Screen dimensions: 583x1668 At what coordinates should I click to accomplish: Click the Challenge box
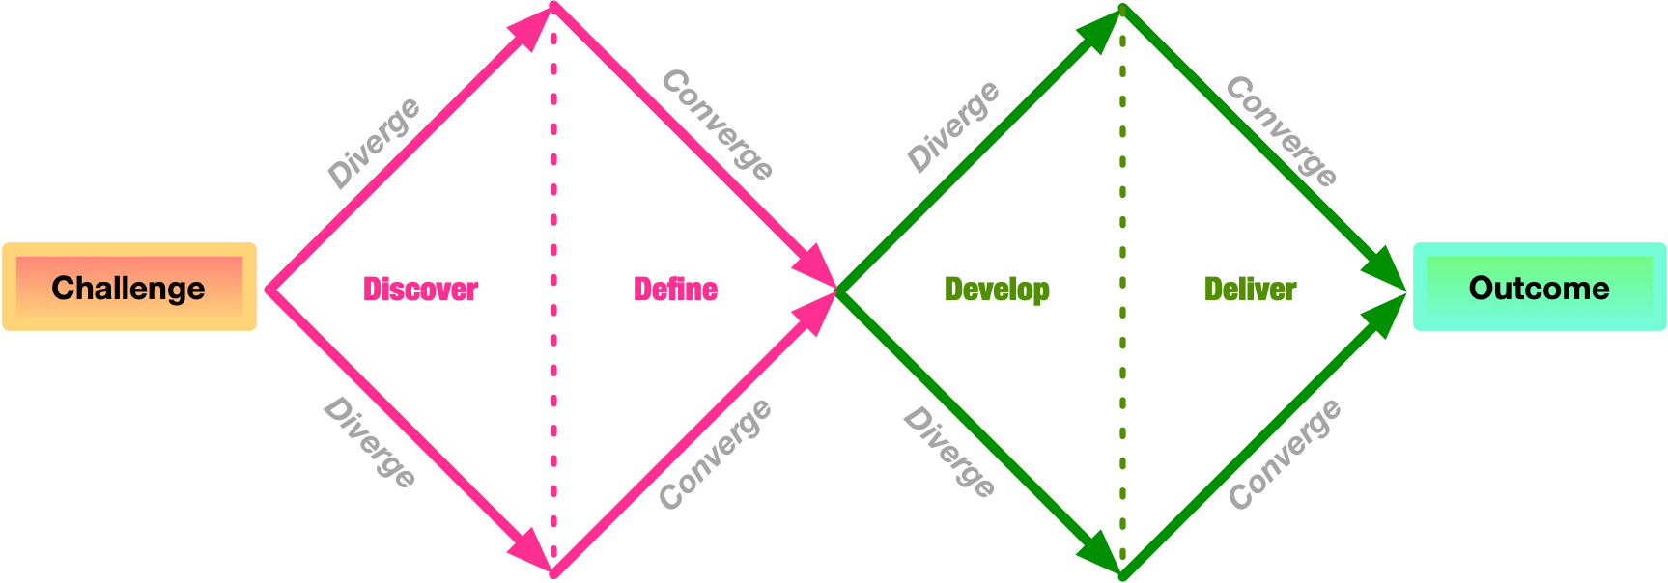[129, 288]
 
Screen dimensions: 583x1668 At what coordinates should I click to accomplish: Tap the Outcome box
[1539, 288]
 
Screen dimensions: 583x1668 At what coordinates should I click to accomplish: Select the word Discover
[420, 289]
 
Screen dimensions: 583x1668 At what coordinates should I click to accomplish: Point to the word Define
[675, 289]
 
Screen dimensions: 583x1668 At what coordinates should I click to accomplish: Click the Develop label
[997, 290]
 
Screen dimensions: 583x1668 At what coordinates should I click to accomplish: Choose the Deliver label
[1250, 289]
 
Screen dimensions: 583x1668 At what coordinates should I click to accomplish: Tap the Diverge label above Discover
[374, 142]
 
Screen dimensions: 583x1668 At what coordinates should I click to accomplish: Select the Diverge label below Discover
[370, 441]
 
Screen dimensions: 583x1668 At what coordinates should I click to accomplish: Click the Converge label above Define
[718, 125]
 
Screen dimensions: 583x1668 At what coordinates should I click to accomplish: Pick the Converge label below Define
[715, 453]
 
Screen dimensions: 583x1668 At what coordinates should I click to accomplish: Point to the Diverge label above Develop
[953, 126]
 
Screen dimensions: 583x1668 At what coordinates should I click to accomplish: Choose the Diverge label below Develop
[949, 451]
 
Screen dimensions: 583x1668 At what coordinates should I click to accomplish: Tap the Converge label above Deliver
[1282, 130]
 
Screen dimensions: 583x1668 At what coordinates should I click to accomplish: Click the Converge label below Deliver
[1285, 453]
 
